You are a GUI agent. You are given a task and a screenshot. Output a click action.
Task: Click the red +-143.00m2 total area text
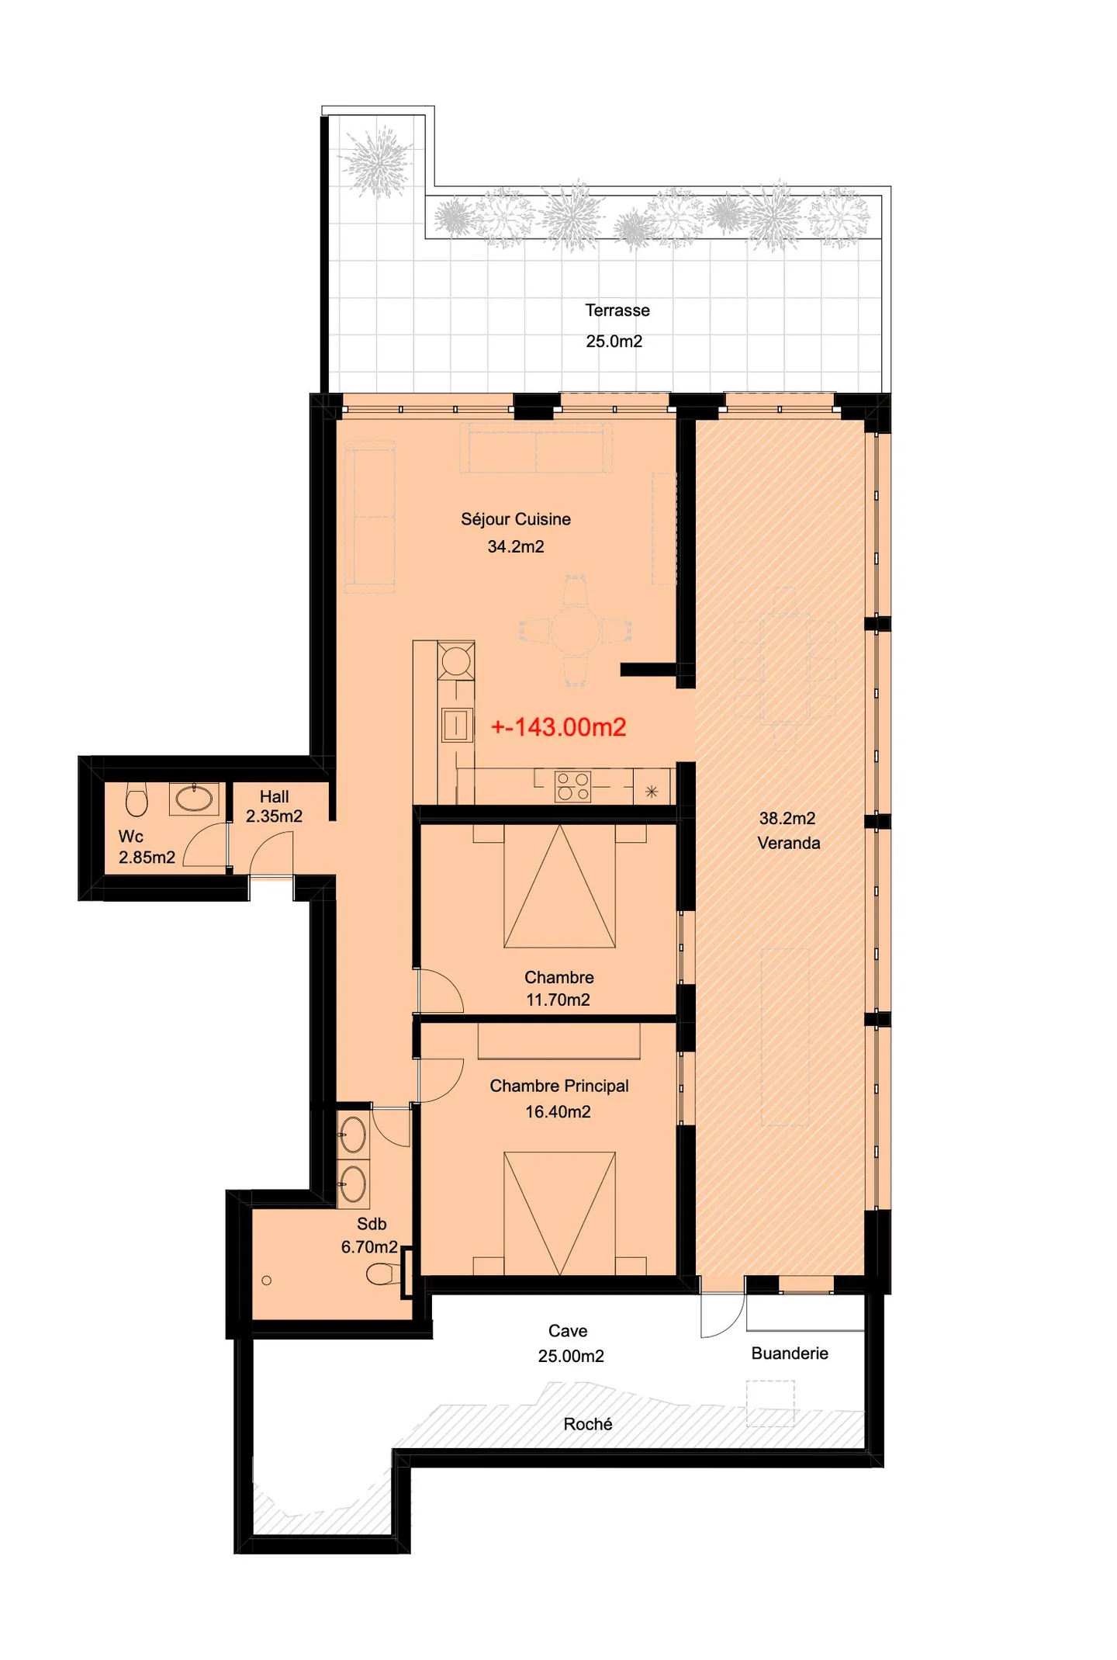click(558, 727)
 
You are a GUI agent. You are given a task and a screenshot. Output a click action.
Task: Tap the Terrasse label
click(617, 310)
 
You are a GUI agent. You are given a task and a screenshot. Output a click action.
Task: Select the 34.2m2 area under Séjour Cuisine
click(515, 546)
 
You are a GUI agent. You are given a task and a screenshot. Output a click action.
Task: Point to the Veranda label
click(788, 843)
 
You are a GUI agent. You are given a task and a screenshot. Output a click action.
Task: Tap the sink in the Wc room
click(194, 798)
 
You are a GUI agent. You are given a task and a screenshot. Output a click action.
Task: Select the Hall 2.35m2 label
click(274, 806)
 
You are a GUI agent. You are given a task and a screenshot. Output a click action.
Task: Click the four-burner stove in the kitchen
click(572, 786)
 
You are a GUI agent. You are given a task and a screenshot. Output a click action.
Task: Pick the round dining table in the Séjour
click(575, 630)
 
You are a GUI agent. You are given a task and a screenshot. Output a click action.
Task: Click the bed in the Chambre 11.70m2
click(559, 886)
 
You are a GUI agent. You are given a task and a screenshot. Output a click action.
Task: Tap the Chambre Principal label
click(558, 1086)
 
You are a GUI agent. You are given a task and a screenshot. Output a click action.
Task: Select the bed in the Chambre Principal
click(559, 1213)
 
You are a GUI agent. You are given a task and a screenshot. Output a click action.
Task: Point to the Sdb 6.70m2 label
click(370, 1235)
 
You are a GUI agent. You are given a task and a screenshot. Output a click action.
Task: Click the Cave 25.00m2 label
click(569, 1343)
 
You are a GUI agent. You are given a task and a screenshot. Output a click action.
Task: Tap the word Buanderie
click(789, 1353)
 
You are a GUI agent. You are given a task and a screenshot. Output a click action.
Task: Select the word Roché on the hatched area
click(587, 1424)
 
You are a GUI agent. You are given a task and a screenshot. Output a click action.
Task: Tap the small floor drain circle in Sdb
click(267, 1281)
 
